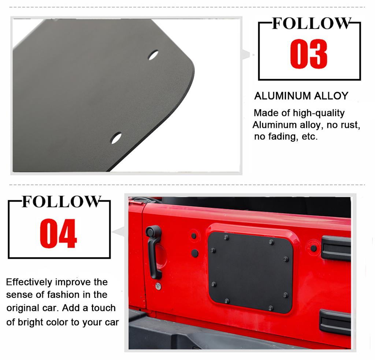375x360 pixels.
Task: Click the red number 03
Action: [308, 55]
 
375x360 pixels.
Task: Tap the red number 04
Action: [58, 234]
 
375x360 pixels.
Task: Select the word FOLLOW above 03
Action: [311, 23]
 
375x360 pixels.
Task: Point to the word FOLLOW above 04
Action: [61, 202]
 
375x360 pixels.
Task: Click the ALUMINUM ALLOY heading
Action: [301, 96]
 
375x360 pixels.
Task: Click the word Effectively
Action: [29, 282]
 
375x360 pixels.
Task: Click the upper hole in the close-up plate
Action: [153, 55]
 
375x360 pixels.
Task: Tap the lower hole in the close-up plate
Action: [116, 138]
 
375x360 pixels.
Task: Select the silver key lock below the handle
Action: [158, 286]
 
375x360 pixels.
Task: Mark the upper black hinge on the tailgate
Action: [335, 248]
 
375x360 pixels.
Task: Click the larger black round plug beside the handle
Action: [195, 253]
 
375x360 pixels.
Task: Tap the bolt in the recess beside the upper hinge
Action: [313, 248]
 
